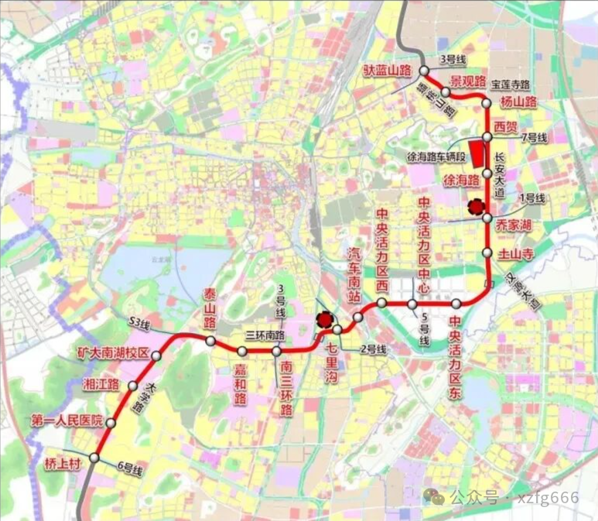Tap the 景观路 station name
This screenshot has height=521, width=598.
coord(469,81)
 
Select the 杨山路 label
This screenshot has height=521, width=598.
coord(518,102)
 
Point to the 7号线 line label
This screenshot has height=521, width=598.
coord(535,137)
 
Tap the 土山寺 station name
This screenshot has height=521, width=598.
coord(515,253)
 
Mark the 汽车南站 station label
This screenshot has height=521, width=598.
coord(355,276)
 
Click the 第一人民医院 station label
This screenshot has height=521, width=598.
coord(67,421)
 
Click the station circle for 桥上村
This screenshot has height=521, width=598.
coord(94,458)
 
